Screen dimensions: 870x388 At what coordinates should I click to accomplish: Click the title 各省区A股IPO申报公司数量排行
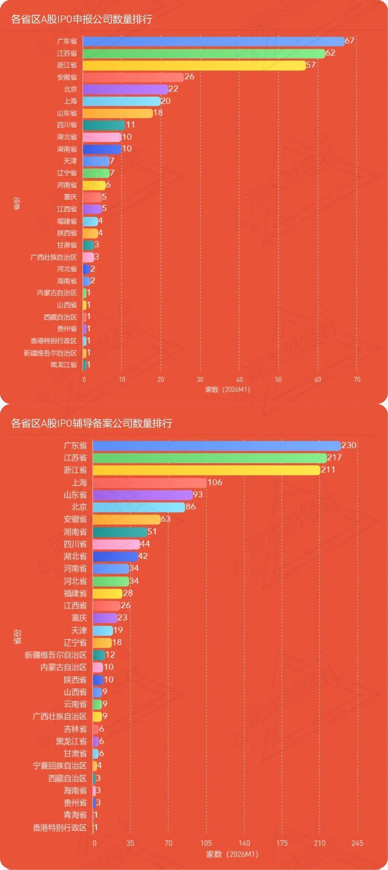[x=82, y=19]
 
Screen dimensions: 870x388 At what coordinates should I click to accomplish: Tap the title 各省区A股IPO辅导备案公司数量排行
[x=92, y=423]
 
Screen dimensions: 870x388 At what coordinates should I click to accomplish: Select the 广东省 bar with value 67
[x=213, y=41]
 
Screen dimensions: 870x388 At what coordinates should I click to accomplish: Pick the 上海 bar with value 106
[x=149, y=483]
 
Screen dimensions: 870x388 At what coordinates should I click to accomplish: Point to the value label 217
[x=334, y=457]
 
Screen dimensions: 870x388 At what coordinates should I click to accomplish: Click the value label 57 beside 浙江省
[x=311, y=65]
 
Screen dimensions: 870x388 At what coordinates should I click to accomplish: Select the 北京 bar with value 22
[x=125, y=89]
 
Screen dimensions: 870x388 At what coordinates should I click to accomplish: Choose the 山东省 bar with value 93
[x=143, y=495]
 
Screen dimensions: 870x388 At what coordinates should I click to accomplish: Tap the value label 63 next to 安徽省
[x=165, y=519]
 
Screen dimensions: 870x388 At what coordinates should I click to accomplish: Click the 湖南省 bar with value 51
[x=120, y=532]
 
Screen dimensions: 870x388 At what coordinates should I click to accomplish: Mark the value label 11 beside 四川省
[x=130, y=125]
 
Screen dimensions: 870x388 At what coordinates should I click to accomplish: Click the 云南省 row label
[x=75, y=704]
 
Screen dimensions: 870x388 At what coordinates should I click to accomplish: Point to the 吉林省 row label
[x=75, y=729]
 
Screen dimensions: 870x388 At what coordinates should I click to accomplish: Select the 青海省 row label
[x=75, y=815]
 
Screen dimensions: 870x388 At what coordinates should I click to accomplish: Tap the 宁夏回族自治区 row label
[x=60, y=766]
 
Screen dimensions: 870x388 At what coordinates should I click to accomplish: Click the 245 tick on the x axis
[x=357, y=843]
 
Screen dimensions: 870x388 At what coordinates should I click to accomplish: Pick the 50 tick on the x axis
[x=278, y=380]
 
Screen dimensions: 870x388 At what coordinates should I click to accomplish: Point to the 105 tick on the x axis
[x=206, y=843]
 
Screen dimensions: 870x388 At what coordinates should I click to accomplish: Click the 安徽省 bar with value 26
[x=133, y=77]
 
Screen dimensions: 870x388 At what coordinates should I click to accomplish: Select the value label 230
[x=348, y=445]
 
